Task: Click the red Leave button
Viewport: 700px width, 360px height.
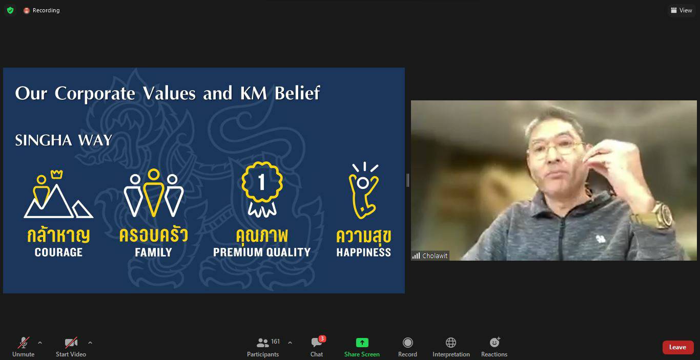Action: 677,347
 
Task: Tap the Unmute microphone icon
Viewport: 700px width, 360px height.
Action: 24,343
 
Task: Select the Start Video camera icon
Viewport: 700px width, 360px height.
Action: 71,343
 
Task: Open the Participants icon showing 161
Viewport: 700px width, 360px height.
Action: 262,343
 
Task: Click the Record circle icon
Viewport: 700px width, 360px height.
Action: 407,343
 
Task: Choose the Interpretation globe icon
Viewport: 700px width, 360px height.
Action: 450,343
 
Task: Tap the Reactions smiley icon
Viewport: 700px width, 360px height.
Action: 495,342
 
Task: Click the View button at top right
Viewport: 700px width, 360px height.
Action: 681,10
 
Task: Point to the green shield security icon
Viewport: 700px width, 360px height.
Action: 10,10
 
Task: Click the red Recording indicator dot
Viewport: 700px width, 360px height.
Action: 27,10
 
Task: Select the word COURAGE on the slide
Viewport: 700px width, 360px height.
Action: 58,252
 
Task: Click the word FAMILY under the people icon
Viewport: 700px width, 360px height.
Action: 153,252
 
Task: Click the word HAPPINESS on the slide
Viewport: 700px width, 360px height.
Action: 363,252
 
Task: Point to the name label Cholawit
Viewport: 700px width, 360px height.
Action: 435,256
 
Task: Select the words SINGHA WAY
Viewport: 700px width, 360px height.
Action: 64,140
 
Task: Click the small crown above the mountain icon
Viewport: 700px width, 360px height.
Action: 56,174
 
